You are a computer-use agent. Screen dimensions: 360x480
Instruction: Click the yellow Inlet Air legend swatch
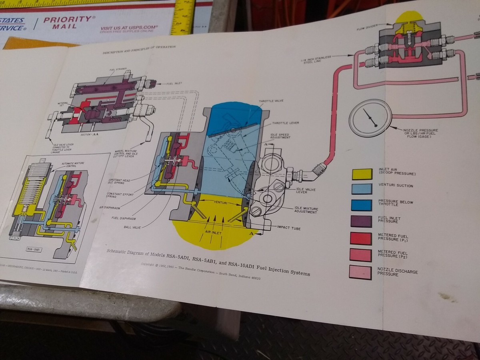[362, 174]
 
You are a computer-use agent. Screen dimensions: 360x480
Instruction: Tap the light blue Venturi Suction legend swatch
[362, 188]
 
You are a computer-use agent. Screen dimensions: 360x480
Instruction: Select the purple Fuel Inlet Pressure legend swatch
[361, 221]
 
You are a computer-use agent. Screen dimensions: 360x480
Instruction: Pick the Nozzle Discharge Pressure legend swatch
[360, 272]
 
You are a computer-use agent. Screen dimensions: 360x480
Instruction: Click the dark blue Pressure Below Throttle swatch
[361, 204]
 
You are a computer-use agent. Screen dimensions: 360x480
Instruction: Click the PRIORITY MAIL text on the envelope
[67, 22]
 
